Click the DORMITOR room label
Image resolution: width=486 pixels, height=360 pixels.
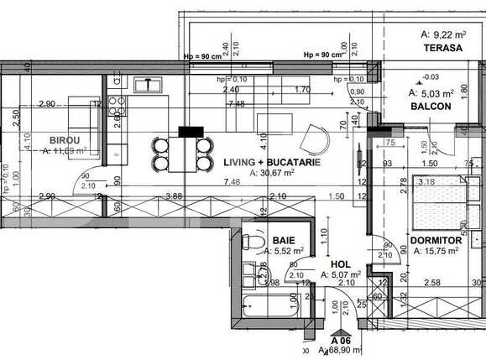pyautogui.click(x=436, y=240)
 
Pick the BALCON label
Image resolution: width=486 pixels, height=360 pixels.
pyautogui.click(x=431, y=107)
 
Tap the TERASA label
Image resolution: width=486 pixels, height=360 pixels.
pyautogui.click(x=443, y=49)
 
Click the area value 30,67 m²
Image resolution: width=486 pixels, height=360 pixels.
pyautogui.click(x=271, y=173)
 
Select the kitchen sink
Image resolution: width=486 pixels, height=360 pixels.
pyautogui.click(x=153, y=84)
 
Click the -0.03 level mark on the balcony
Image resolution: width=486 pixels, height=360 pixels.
pyautogui.click(x=405, y=77)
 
